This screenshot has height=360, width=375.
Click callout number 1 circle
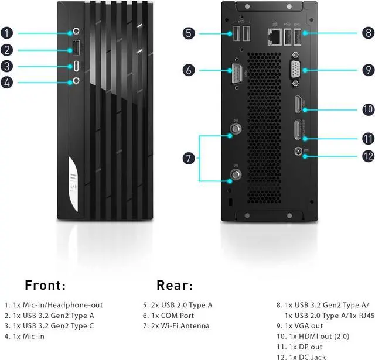click(6, 33)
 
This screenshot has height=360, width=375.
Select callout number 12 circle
click(367, 156)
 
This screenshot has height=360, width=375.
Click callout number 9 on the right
click(367, 70)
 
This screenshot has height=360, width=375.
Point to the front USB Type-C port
click(77, 66)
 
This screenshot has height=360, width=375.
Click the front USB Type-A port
click(77, 48)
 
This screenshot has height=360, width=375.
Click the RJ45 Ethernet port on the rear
click(274, 37)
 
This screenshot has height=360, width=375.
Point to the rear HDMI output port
click(298, 105)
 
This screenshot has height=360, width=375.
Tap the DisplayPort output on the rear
click(298, 130)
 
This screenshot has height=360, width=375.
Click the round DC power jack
click(299, 151)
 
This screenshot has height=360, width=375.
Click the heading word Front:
click(46, 286)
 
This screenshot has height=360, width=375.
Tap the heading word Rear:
click(175, 286)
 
